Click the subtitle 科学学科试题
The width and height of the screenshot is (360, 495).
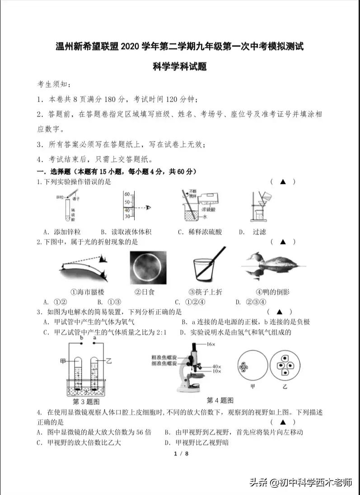coord(179,67)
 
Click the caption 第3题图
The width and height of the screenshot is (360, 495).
coord(86,401)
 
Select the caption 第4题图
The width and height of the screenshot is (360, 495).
coord(220,400)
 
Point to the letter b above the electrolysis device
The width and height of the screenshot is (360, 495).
coord(82,338)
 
